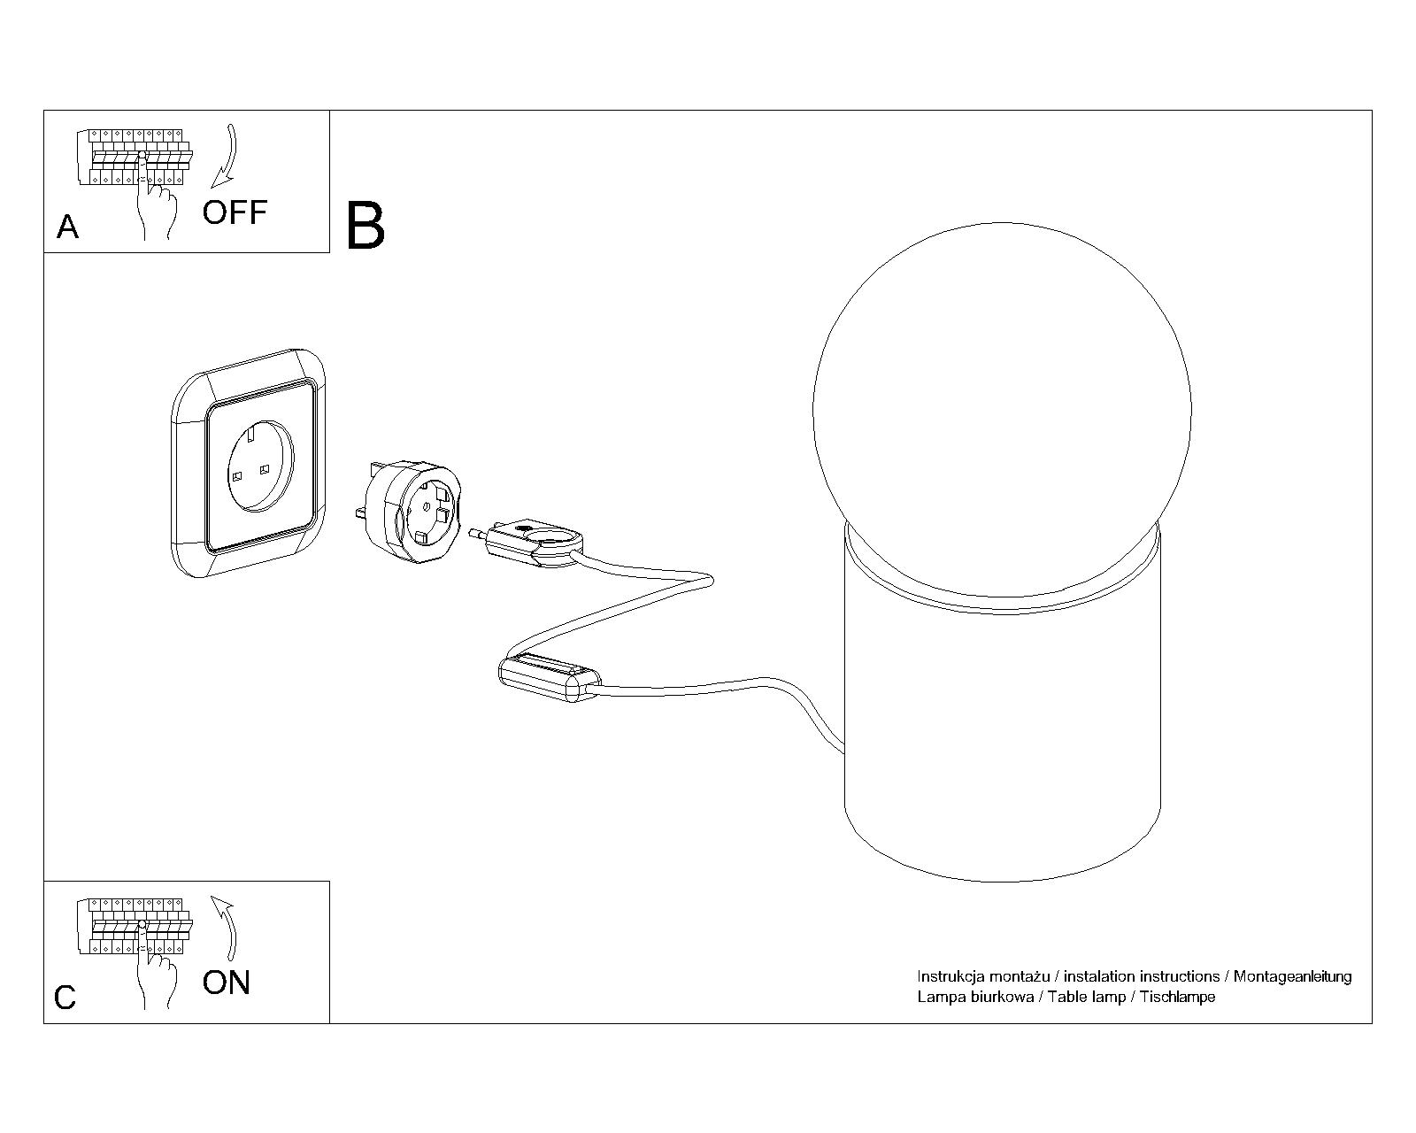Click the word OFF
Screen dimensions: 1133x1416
click(235, 212)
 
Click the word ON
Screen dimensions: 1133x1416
click(227, 983)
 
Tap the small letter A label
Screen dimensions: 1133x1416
click(67, 227)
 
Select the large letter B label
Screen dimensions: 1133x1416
click(366, 226)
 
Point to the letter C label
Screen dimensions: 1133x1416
click(65, 998)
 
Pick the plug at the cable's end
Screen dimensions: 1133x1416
click(531, 543)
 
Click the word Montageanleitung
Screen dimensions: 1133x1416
click(1292, 976)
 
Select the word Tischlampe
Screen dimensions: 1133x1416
click(1177, 997)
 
